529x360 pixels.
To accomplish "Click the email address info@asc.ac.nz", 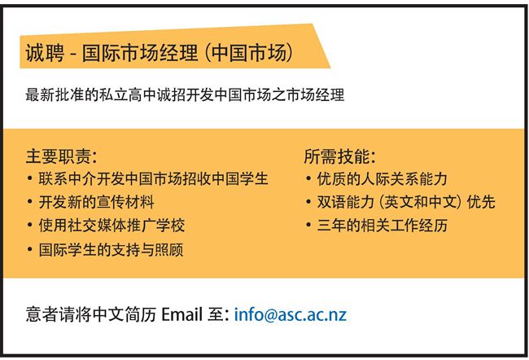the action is (291, 314).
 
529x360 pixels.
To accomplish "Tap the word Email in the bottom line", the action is (182, 314).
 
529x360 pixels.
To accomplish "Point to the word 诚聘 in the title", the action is (45, 53).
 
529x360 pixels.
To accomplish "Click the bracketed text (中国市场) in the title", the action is (249, 53).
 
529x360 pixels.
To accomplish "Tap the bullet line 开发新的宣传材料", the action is (96, 202).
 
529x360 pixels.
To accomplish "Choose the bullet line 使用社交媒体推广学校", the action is (111, 226).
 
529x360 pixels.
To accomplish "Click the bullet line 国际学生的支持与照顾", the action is (111, 249).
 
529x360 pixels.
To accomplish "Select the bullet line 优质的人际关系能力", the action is (383, 178).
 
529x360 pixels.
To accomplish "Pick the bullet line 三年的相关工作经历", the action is (383, 226).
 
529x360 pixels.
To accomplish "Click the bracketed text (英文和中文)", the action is (420, 202).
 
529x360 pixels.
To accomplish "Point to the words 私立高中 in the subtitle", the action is (128, 94).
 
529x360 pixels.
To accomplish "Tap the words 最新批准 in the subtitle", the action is (55, 94).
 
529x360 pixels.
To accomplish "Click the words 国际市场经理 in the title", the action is (140, 53).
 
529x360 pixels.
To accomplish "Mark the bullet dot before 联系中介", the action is (30, 178).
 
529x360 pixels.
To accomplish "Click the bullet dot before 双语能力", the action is (308, 202).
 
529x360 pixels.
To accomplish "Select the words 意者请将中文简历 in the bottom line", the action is (91, 314).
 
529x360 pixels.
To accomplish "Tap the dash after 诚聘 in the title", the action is (73, 55).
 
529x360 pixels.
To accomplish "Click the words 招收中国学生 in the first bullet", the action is (225, 178).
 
